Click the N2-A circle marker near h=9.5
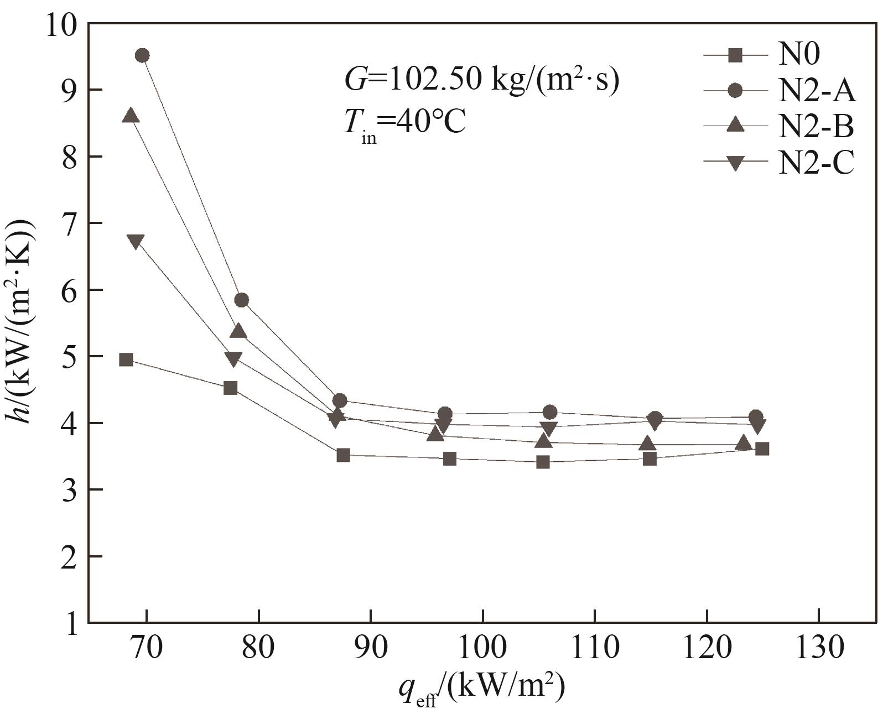142,55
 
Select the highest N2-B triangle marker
131,116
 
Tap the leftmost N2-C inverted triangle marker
136,241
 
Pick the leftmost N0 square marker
126,359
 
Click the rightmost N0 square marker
762,449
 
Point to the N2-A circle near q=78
241,300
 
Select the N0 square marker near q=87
343,455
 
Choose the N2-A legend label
817,91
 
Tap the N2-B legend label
816,126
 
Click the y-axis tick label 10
62,25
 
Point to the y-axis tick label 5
70,357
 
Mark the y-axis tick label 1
70,623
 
